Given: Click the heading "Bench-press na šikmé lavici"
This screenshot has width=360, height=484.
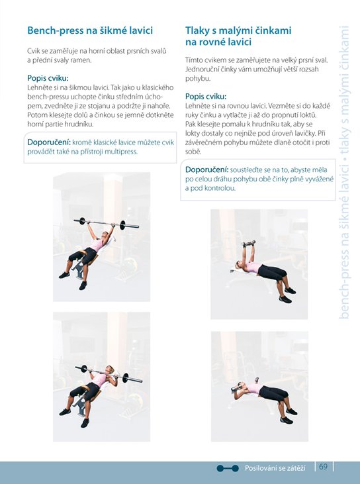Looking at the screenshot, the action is (90, 30).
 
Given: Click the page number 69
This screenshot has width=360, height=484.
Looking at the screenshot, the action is (323, 466).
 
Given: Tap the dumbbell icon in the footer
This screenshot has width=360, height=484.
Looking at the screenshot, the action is (228, 468).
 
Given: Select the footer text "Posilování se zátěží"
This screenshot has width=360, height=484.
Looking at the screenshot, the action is (275, 468).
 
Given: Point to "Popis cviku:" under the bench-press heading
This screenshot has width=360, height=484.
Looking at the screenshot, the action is (48, 78).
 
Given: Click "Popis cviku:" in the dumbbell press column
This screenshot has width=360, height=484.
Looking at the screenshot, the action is (206, 97).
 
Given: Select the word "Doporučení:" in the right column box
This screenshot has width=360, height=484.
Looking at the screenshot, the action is (207, 169).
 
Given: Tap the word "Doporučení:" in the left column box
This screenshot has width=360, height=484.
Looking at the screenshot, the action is (49, 142).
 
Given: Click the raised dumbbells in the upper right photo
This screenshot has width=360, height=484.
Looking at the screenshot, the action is (249, 244).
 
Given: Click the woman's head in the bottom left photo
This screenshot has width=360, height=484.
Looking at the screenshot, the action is (109, 369).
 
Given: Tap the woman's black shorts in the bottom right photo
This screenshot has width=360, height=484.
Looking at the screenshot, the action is (273, 393).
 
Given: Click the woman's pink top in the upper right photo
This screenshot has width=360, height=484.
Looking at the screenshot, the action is (253, 267).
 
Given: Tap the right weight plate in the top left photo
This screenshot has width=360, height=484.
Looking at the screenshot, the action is (122, 224).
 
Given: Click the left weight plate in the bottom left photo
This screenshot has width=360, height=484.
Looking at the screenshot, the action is (83, 369).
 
